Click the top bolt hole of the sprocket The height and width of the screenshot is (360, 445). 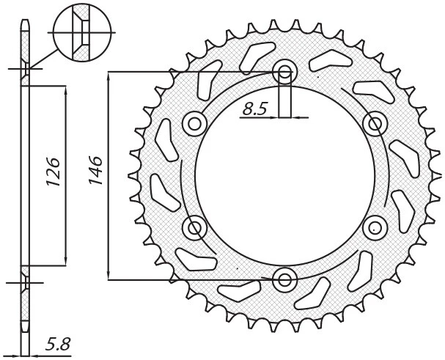click(284, 72)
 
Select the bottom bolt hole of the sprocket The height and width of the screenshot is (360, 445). click(284, 279)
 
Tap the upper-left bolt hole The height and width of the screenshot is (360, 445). click(194, 123)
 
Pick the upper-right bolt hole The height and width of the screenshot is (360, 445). click(375, 123)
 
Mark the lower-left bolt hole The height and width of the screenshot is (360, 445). click(194, 228)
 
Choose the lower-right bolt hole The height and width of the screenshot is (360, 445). click(375, 227)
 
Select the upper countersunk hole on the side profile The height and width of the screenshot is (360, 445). click(26, 71)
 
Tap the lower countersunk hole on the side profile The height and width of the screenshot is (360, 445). click(26, 280)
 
